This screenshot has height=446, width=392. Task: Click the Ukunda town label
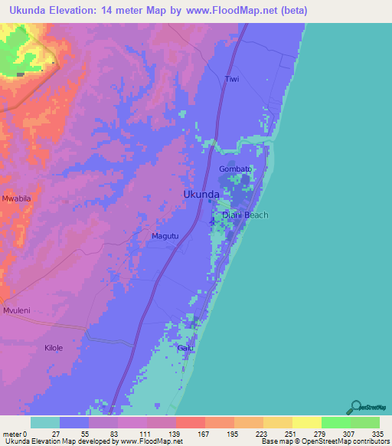tap(202, 195)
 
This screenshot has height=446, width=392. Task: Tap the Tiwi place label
tap(232, 80)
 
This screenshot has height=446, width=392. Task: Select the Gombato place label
tap(235, 169)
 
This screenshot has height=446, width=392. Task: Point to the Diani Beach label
tap(245, 215)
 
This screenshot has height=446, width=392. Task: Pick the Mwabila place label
tap(16, 198)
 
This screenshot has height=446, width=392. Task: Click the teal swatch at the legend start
tap(45, 423)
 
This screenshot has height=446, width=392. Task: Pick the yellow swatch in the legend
tap(306, 423)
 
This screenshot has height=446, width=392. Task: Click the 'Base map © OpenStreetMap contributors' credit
tap(325, 441)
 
